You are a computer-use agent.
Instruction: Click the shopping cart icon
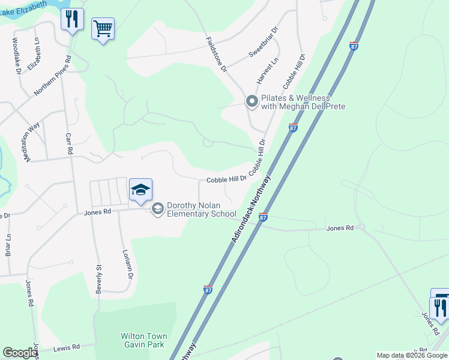pyautogui.click(x=103, y=28)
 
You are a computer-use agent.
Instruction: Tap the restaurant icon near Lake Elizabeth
pyautogui.click(x=72, y=19)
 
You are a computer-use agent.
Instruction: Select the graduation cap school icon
pyautogui.click(x=140, y=190)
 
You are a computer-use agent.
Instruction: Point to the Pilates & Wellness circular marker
pyautogui.click(x=252, y=102)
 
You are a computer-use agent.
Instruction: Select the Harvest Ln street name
pyautogui.click(x=268, y=71)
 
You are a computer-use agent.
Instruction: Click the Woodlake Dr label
pyautogui.click(x=17, y=56)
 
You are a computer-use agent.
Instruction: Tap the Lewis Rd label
pyautogui.click(x=67, y=347)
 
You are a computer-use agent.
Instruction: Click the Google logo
pyautogui.click(x=20, y=353)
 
